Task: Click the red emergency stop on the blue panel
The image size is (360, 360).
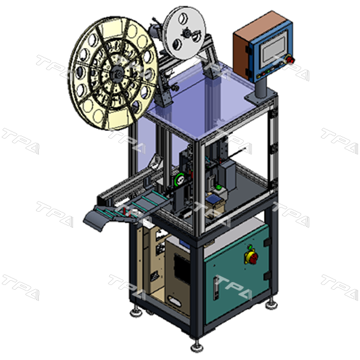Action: click(x=290, y=61)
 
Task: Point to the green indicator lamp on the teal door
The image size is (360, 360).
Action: click(x=250, y=247)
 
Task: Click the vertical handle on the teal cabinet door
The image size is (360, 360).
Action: click(x=216, y=288)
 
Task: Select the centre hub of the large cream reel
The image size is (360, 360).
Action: click(x=117, y=74)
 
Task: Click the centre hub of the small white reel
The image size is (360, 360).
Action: click(x=187, y=34)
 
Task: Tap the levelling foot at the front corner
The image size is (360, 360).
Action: click(x=197, y=346)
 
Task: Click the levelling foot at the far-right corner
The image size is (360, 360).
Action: click(x=272, y=304)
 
